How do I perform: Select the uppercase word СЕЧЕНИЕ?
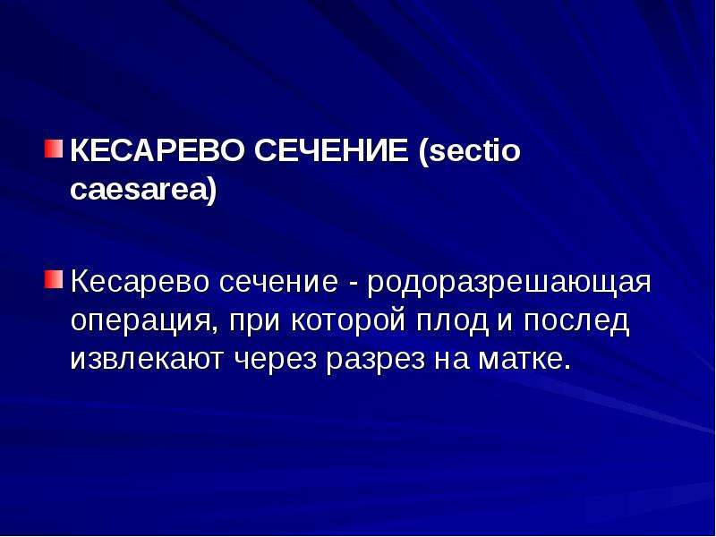(x=331, y=150)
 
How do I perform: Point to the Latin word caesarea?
(x=139, y=189)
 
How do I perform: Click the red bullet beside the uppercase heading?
(x=54, y=149)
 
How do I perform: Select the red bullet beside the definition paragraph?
(x=54, y=279)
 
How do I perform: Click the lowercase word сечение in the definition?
(x=278, y=283)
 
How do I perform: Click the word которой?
(x=348, y=322)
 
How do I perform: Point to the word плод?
(x=452, y=322)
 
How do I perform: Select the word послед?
(x=576, y=322)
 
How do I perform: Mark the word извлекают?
(x=147, y=360)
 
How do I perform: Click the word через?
(x=276, y=361)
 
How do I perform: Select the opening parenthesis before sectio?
(x=422, y=152)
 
